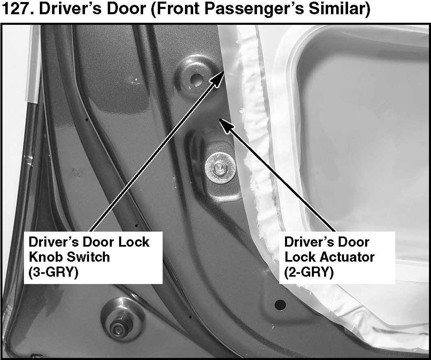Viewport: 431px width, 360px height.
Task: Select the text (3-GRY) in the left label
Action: click(53, 272)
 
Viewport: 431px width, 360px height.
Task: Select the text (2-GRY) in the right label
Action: click(309, 272)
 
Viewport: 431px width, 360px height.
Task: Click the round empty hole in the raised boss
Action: click(196, 78)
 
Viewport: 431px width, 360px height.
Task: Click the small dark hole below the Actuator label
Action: click(280, 304)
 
